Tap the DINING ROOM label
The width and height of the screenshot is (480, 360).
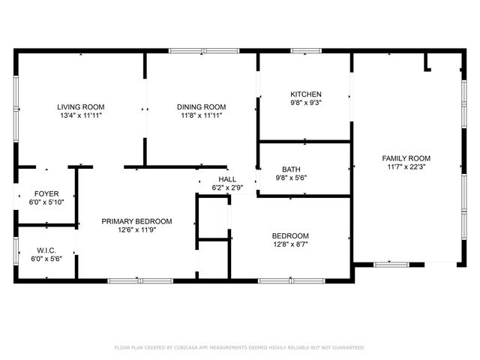(201, 106)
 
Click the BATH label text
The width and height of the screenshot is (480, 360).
(291, 169)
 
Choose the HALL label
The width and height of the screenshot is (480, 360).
(227, 179)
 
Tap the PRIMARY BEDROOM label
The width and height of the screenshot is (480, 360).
(137, 221)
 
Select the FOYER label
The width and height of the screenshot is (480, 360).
(46, 193)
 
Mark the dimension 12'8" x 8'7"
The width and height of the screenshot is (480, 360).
(290, 244)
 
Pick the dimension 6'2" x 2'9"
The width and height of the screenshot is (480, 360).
(227, 188)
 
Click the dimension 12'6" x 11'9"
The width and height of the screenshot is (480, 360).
(137, 230)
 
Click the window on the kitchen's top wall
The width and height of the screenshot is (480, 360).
(306, 51)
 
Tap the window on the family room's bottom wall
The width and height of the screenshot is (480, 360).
(391, 264)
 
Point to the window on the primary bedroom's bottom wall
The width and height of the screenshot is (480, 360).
(140, 281)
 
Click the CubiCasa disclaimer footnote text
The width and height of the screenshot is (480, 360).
(239, 348)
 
